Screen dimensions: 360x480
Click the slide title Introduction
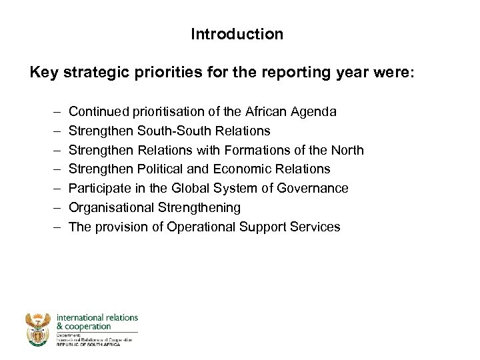237,34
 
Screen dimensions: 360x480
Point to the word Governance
316,189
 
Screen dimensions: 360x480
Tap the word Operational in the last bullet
198,227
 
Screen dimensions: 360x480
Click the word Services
316,227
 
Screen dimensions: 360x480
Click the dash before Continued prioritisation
54,111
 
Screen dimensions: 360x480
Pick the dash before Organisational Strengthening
54,208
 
